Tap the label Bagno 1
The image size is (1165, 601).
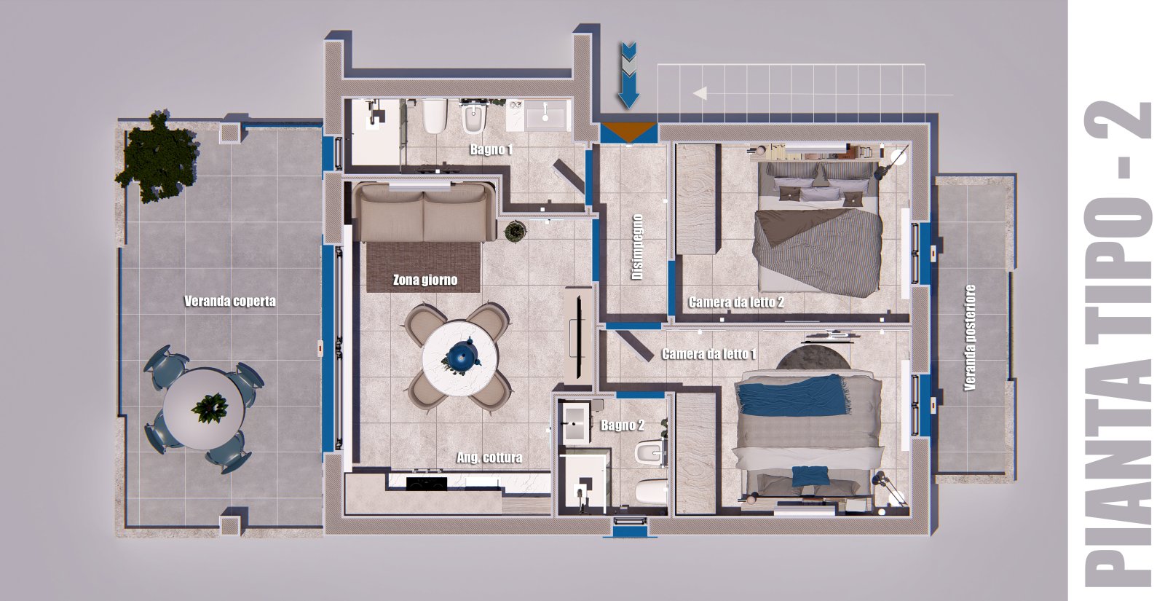[x=491, y=150]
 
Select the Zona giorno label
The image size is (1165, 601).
[x=425, y=280]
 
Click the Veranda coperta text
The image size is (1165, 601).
[x=230, y=302]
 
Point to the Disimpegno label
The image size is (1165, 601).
[x=638, y=247]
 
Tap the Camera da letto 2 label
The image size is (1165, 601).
[x=736, y=302]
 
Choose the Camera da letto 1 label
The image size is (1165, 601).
[x=709, y=354]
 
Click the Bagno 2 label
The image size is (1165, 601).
[x=623, y=425]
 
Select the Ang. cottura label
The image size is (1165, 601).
[x=489, y=458]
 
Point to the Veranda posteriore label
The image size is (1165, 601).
[x=969, y=337]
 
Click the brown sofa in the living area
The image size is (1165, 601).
[x=424, y=212]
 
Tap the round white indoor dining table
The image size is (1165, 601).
[x=459, y=359]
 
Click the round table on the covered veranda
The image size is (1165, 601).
[x=204, y=409]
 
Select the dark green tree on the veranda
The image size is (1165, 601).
[x=157, y=156]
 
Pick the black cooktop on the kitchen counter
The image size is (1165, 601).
[x=426, y=484]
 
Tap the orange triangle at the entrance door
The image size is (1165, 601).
[x=629, y=132]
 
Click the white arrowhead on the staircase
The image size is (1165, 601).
[x=700, y=93]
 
